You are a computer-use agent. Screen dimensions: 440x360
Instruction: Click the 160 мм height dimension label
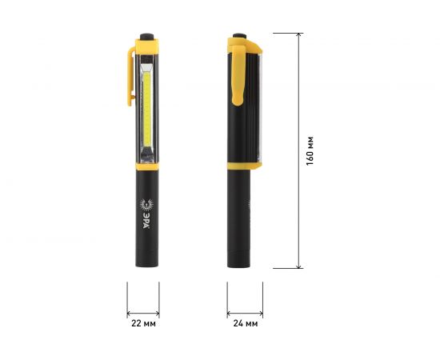click(310, 151)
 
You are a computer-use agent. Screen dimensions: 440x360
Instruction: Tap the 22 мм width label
click(143, 323)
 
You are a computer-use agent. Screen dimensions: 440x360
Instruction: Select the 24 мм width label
click(246, 323)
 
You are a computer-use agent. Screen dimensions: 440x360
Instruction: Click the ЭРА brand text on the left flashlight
click(146, 220)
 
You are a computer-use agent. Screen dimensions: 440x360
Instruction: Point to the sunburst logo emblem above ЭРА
click(146, 204)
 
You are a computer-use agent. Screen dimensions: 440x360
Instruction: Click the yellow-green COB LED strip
click(147, 109)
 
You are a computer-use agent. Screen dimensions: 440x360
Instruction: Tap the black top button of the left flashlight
click(146, 37)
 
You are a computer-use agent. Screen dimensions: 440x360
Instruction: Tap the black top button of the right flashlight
click(240, 36)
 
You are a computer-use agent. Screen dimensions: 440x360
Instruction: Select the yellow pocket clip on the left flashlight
click(130, 76)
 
